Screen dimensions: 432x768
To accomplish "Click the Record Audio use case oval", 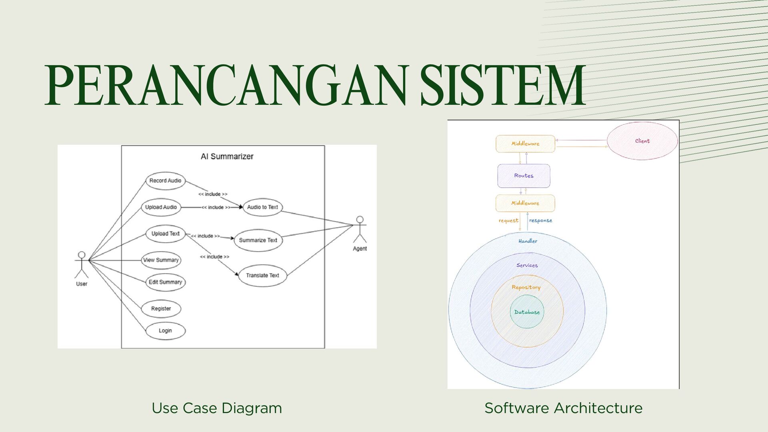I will click(165, 181).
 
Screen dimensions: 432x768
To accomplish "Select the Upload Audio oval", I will click(161, 207).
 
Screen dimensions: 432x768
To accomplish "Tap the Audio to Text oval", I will click(262, 207).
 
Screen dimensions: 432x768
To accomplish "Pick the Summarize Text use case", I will click(258, 240).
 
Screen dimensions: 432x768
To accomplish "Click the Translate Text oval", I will click(262, 275).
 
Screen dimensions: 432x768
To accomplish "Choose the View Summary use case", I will click(161, 260).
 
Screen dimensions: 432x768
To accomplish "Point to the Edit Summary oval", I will click(165, 282).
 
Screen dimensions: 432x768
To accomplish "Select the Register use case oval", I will click(161, 308).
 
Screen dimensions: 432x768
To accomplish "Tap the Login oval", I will click(165, 331).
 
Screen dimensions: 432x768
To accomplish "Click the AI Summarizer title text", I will click(227, 156).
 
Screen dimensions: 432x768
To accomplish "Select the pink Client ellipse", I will click(642, 141).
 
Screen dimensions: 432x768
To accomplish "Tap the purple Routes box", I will click(524, 176).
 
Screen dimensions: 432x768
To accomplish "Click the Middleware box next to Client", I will click(525, 144).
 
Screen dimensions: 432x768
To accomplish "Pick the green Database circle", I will click(527, 312).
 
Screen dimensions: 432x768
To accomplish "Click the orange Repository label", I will click(526, 287).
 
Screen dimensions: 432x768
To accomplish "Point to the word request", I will click(508, 220).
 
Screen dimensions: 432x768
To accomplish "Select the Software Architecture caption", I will click(563, 408).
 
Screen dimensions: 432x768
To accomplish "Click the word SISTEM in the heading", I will click(503, 86).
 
